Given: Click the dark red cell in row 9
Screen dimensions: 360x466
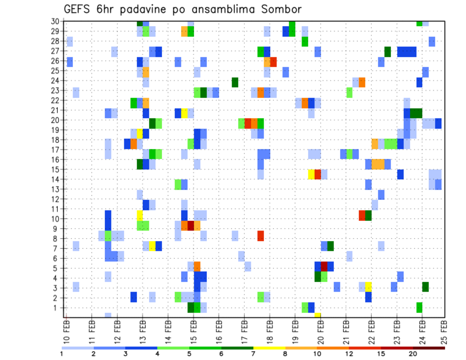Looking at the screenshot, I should pos(191,226).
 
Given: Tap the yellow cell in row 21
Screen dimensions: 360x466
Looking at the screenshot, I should pos(184,113).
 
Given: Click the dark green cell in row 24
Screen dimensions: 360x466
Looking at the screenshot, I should pos(235,82).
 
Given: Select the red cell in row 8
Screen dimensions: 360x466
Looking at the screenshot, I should pos(261,236).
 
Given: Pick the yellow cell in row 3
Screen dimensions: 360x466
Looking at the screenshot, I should pos(368,287).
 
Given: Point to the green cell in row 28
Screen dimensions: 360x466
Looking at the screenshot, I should pos(305,42).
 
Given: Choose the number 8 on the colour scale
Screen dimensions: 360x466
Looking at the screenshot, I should pos(285,353).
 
